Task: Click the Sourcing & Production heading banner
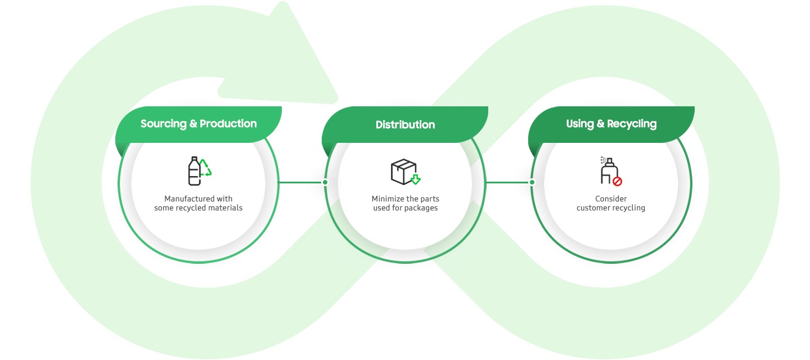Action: [199, 124]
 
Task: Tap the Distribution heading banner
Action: [405, 124]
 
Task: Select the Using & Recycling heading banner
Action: [611, 124]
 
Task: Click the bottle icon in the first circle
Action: [194, 171]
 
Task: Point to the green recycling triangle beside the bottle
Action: [206, 168]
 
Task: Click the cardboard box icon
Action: [403, 171]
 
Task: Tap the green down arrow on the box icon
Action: [416, 179]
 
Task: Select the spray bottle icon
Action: [607, 171]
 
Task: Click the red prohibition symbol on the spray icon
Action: [617, 181]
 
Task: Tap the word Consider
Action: [610, 199]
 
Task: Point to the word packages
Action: [422, 208]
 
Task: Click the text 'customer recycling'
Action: [610, 208]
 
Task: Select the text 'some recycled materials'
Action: [198, 208]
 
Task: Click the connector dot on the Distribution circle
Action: [325, 182]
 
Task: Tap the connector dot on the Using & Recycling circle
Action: [532, 182]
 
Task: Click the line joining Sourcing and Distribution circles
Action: [301, 182]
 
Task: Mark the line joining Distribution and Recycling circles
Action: [508, 182]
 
